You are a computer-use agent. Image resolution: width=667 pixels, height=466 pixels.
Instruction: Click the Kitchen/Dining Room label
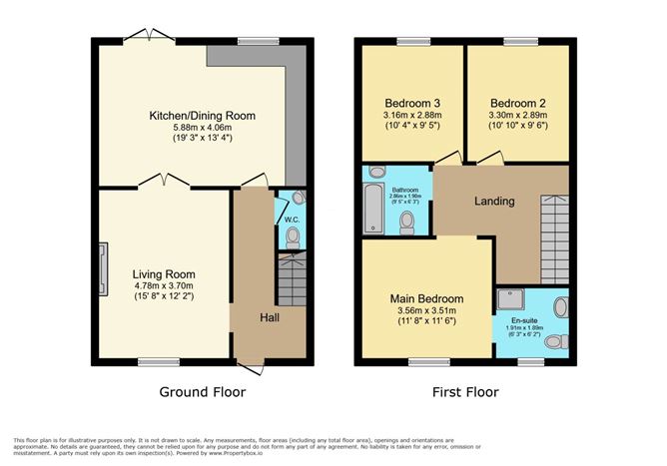tap(202, 116)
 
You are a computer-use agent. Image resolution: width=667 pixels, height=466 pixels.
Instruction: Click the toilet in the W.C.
tap(292, 236)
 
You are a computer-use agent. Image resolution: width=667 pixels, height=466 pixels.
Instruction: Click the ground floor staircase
tap(291, 282)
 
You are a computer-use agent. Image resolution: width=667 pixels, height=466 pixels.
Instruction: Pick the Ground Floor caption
tap(202, 392)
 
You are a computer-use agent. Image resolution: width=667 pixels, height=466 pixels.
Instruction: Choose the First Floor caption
tap(466, 392)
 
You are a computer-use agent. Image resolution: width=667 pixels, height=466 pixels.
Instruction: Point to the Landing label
tap(493, 202)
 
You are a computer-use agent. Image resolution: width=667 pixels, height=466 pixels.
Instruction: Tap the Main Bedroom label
tap(425, 298)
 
